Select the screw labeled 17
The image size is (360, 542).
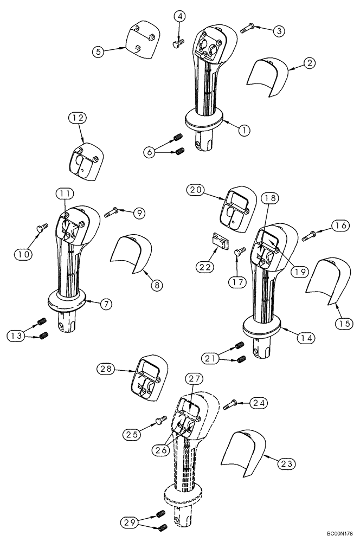(x=240, y=251)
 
